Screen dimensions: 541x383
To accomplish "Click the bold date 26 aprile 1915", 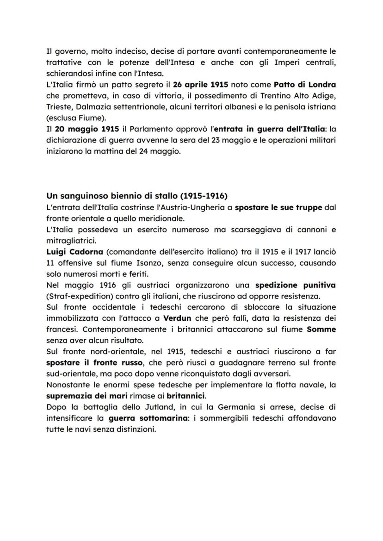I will (x=200, y=85).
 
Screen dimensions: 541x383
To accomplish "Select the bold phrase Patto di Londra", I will (x=304, y=85).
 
